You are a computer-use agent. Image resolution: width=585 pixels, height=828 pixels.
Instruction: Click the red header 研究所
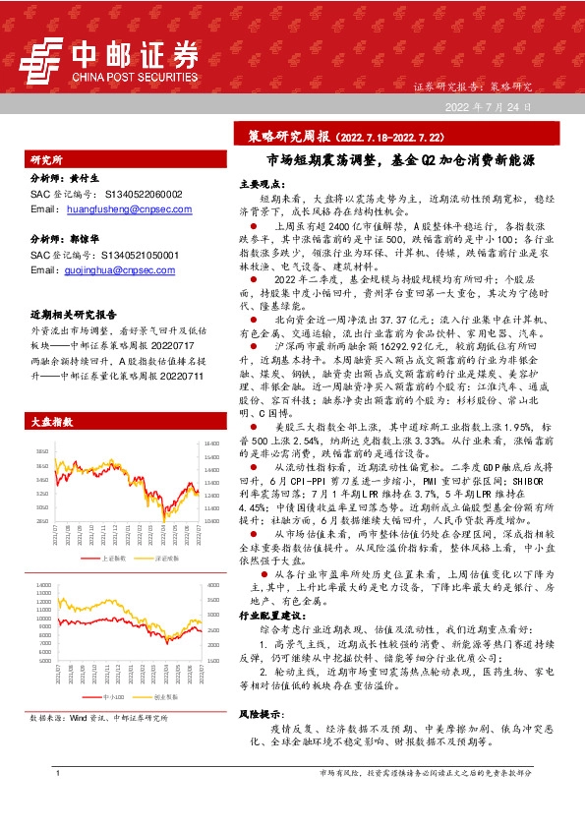pyautogui.click(x=47, y=157)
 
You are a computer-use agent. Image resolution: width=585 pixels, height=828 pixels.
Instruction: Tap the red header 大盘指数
pyautogui.click(x=52, y=421)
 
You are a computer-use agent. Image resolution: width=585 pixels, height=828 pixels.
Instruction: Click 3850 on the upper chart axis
pyautogui.click(x=42, y=451)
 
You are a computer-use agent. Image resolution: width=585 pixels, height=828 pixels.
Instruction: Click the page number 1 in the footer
pyautogui.click(x=60, y=802)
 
